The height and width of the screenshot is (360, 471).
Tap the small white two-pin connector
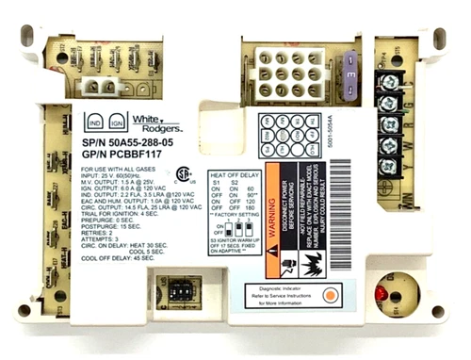point(99,85)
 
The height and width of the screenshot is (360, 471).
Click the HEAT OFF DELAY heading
point(236,172)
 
